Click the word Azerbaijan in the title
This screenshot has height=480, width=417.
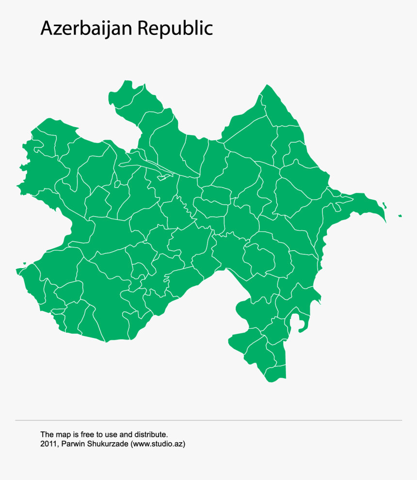click(x=87, y=28)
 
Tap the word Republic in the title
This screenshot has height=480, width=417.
click(x=175, y=29)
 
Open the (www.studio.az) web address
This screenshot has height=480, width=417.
click(x=158, y=444)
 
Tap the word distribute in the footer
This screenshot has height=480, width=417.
click(x=152, y=434)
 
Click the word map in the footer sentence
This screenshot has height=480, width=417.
click(x=62, y=434)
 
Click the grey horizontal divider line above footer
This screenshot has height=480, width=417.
click(x=208, y=420)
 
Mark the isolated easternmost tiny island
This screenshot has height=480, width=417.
click(x=400, y=216)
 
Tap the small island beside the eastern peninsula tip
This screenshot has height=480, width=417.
click(x=384, y=205)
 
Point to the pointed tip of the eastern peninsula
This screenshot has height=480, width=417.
click(x=385, y=223)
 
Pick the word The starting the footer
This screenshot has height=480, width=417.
click(x=47, y=434)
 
